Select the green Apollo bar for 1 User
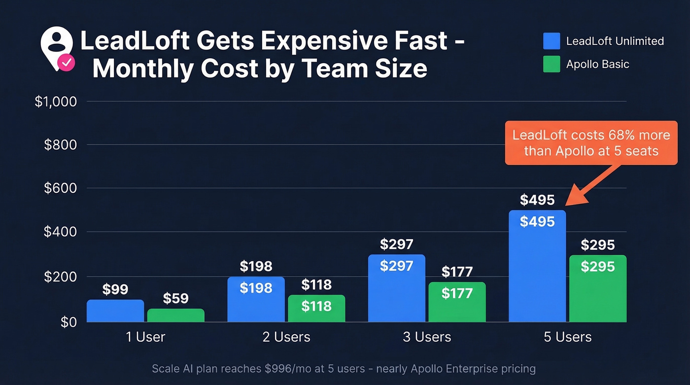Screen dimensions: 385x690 pos(175,315)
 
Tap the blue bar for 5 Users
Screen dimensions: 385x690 pos(537,266)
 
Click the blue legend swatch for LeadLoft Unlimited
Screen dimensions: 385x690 pos(552,41)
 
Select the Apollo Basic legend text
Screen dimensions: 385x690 pos(597,64)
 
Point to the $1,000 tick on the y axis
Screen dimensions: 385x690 pos(56,102)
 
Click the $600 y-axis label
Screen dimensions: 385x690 pos(60,188)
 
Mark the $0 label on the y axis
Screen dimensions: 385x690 pos(69,322)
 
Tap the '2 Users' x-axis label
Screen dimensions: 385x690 pos(286,337)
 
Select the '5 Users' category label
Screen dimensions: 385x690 pos(567,337)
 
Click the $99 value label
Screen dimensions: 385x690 pos(115,289)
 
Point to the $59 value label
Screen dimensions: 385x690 pos(175,298)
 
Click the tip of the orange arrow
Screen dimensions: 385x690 pos(566,205)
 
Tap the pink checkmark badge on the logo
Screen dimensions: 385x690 pos(66,63)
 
